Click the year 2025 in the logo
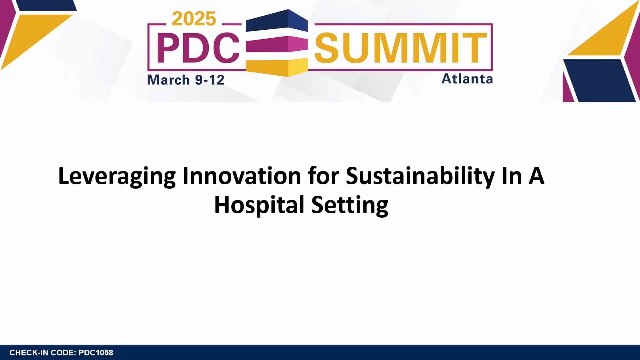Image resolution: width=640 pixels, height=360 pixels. [194, 19]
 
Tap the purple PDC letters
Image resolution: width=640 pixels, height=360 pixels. [198, 48]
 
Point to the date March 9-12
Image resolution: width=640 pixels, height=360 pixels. [186, 80]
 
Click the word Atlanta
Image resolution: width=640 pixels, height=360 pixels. [467, 79]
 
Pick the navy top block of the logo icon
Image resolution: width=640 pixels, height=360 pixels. [277, 21]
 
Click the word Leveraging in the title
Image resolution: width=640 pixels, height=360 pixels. [117, 177]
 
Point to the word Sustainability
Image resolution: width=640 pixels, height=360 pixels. [420, 177]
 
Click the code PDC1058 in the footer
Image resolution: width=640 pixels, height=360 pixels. [96, 353]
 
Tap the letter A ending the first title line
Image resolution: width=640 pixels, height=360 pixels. [536, 176]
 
